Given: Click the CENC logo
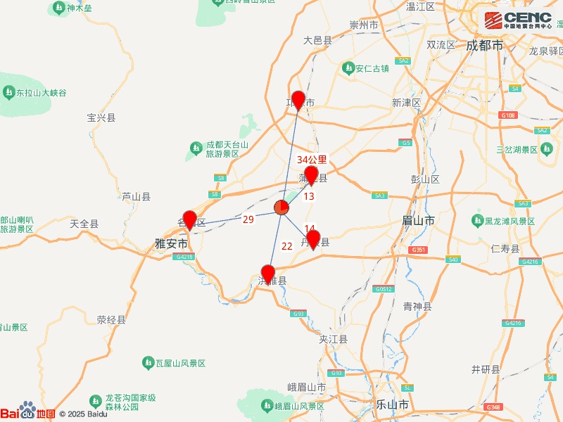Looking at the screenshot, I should pos(517,19).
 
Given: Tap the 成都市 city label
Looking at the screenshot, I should pos(485,45).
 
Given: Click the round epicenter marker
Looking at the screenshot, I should pos(281,207).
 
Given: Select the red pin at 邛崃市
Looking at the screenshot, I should pos(298,100).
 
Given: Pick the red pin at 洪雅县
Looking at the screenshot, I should pos(268,273).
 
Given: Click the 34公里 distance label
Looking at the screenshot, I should pos(312,160).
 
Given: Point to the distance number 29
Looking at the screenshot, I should pos(248,219).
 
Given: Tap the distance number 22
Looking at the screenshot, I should pos(287,246).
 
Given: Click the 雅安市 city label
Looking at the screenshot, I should pos(171,243).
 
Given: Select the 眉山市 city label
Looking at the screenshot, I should pos(418,220).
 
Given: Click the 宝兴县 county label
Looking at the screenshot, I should pos(101,117).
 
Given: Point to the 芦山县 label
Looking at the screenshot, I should pos(136,197).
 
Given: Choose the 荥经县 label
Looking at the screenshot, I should pos(111,319).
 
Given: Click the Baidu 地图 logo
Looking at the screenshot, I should pos(27,413).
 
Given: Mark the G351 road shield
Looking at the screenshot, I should pos(418,250).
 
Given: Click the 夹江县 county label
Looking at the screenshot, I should pos(334,339).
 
